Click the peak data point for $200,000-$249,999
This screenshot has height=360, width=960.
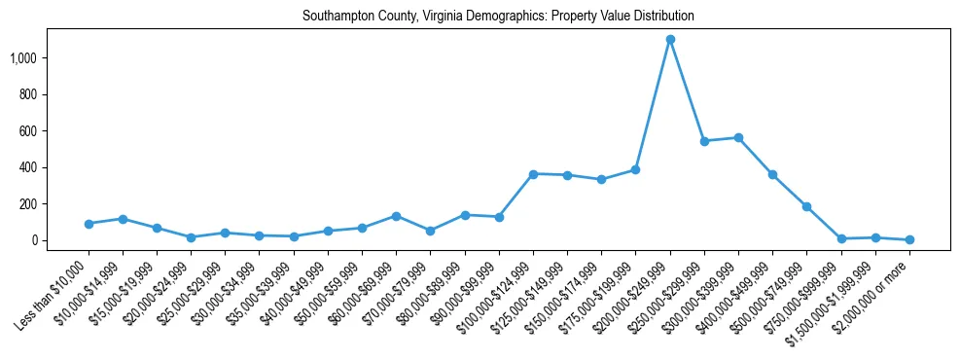coord(670,39)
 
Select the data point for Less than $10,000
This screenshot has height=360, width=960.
coord(89,224)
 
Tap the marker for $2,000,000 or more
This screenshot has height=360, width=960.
coord(909,239)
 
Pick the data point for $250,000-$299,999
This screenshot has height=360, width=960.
coord(704,141)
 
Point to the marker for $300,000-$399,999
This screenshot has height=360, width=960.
coord(738,138)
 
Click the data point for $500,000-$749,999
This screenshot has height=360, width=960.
coord(806,206)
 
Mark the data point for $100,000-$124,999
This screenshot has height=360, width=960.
coord(533,174)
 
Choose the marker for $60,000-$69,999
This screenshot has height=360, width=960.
coord(396,216)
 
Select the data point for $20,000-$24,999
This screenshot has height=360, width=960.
coord(191,237)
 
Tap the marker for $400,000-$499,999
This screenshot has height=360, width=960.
coord(772,174)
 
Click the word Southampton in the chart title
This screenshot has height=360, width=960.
coord(336,17)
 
